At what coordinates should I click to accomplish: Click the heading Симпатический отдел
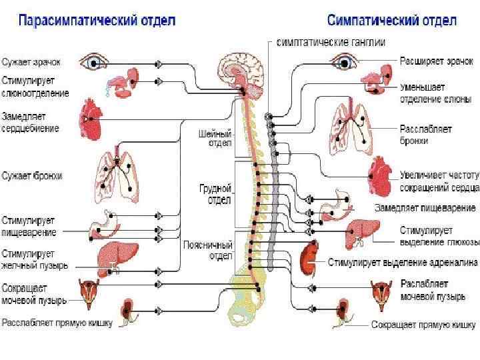coord(391,20)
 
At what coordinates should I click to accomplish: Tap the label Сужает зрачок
coord(31,62)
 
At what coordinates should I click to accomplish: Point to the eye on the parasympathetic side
coord(94,63)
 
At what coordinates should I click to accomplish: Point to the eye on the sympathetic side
coord(342,61)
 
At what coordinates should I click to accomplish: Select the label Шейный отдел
coord(215,138)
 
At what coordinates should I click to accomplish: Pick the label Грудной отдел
coord(216,194)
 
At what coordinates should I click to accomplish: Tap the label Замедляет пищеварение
coord(425,208)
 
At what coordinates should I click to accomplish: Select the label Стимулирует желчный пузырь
coord(35,259)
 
